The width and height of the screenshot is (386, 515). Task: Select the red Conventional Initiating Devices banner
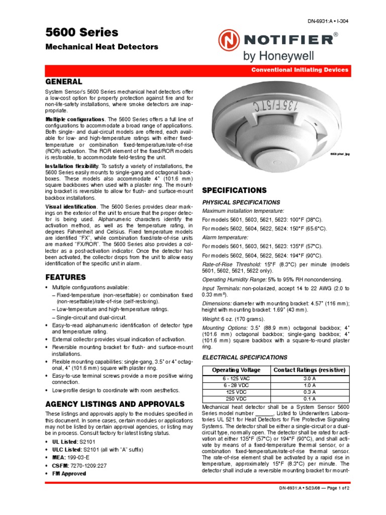300,70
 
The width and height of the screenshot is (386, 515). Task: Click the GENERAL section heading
64,81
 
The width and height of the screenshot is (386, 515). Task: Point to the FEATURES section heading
66,277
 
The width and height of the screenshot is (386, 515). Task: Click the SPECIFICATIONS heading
234,191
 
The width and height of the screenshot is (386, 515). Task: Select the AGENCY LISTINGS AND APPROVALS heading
115,404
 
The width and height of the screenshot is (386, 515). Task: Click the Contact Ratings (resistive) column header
309,370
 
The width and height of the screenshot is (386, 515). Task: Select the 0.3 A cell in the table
309,392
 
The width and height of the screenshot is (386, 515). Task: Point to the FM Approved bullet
69,474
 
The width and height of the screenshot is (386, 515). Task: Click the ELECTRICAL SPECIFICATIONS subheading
244,357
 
